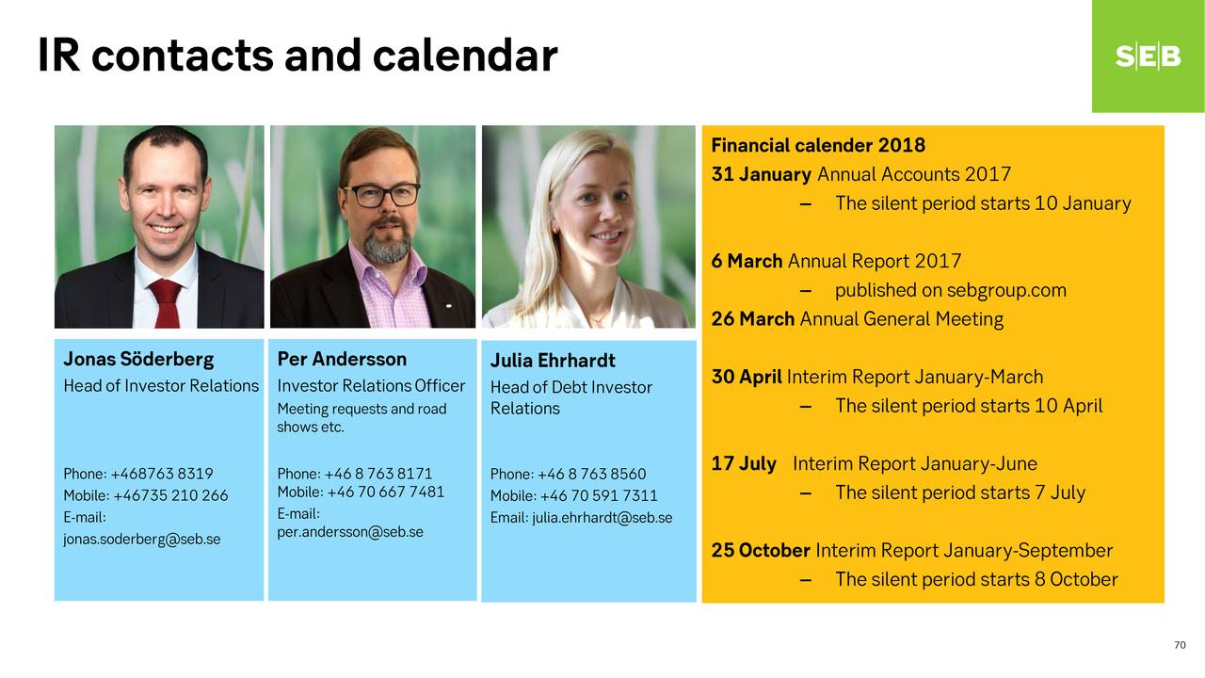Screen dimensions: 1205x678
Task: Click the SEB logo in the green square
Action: (1148, 56)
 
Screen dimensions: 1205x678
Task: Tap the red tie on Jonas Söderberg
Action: (166, 303)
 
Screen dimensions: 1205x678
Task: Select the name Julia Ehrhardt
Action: (553, 361)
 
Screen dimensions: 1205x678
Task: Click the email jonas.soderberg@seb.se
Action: (142, 540)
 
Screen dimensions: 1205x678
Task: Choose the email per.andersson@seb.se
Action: (350, 532)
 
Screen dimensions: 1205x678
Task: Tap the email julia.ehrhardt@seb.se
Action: (602, 518)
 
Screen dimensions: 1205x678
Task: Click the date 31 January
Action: (762, 174)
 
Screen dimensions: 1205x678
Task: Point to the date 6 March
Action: (747, 262)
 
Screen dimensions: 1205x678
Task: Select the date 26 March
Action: (752, 319)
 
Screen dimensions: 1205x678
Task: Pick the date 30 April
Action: (747, 378)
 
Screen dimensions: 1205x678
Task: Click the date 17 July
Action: (744, 464)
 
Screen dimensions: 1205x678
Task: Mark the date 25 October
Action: (761, 551)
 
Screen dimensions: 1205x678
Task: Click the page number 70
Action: (1180, 645)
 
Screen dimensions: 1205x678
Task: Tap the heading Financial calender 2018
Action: (818, 145)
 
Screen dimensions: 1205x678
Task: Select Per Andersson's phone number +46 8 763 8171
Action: (378, 474)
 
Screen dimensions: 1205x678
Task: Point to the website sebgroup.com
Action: (1006, 291)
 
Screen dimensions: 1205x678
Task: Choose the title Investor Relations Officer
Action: (371, 386)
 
